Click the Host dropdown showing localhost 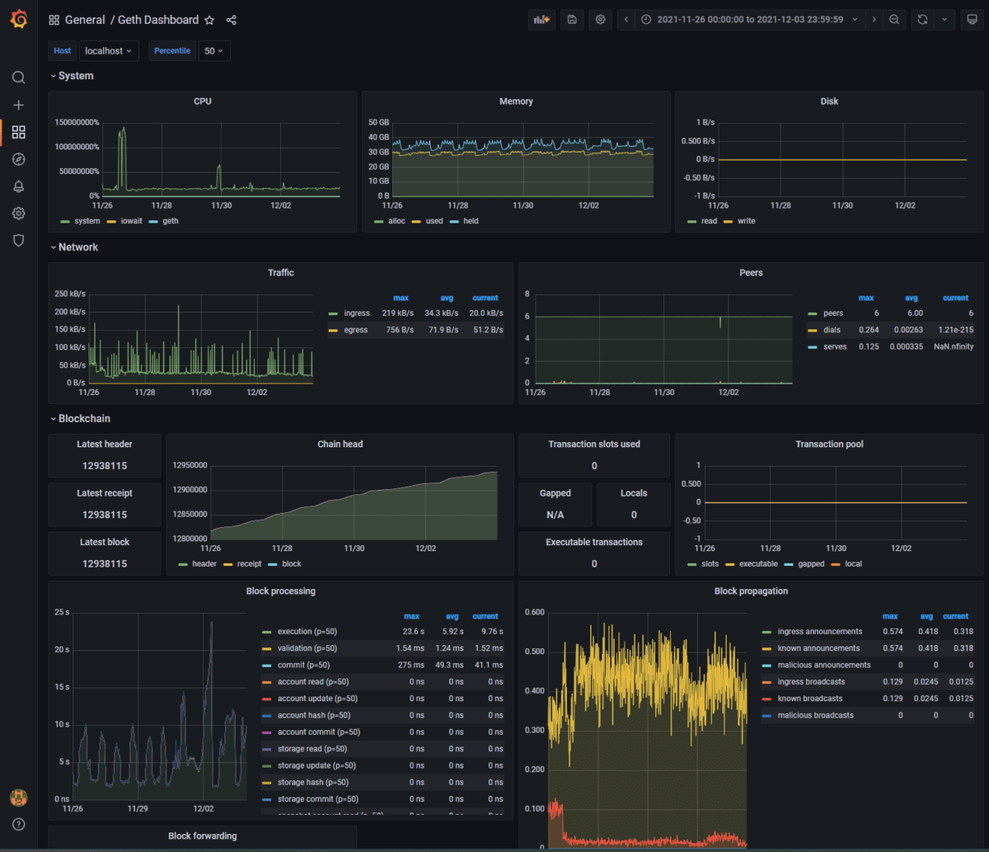click(110, 51)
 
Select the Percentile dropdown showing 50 click(213, 51)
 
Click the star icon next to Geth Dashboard click(209, 20)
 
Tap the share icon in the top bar click(232, 20)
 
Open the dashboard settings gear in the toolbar click(601, 20)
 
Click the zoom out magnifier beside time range click(893, 20)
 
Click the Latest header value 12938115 click(105, 466)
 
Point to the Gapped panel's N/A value click(555, 515)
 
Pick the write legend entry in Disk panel click(746, 221)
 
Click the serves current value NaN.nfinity click(953, 346)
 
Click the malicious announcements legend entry click(823, 665)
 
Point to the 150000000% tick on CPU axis click(77, 123)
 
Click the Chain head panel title click(340, 444)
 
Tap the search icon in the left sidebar click(19, 78)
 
